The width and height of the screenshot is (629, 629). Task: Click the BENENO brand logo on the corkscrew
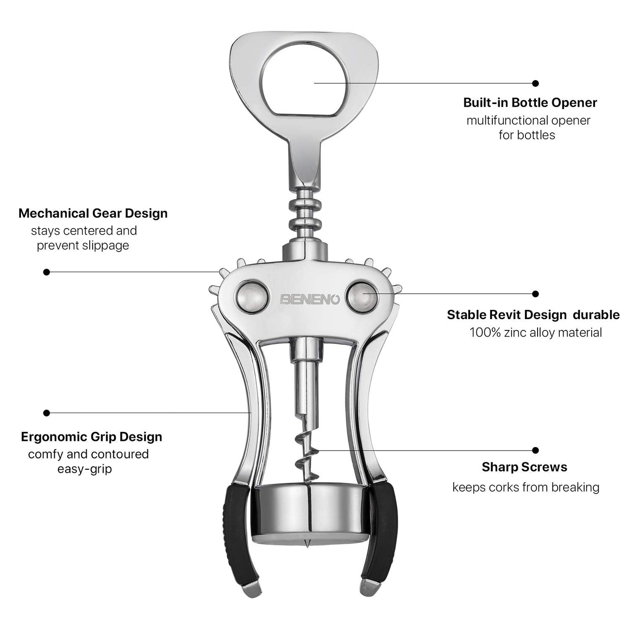pos(309,299)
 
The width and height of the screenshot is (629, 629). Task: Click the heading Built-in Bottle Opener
pos(530,103)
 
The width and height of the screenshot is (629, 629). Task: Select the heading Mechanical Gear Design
pos(93,213)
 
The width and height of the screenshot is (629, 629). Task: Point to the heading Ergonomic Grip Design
pos(91,437)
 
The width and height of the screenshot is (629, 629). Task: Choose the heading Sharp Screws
pos(524,467)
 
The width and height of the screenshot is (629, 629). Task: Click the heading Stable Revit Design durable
pos(533,315)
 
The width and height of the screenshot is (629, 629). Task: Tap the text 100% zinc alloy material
pos(535,333)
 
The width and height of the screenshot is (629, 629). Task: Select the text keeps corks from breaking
pos(525,487)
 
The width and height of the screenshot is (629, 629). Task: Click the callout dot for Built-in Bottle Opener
pos(535,83)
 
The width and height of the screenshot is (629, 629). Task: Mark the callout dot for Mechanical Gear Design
pos(47,272)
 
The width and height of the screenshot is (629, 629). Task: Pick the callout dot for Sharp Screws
pos(535,451)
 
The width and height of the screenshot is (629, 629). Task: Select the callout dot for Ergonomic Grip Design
pos(47,413)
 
